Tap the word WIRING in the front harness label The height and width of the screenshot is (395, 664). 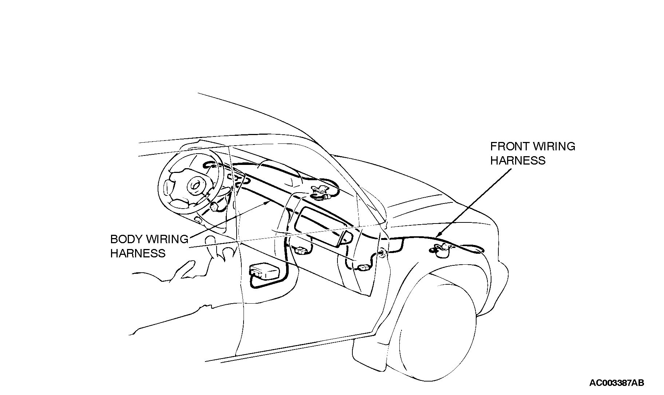(x=554, y=146)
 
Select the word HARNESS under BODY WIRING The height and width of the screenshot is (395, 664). (x=138, y=253)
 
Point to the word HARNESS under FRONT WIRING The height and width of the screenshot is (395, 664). (x=518, y=160)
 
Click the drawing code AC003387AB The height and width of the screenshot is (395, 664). (x=617, y=383)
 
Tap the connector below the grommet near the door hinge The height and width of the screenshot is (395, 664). (x=363, y=268)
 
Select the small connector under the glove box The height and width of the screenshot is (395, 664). (x=301, y=250)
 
